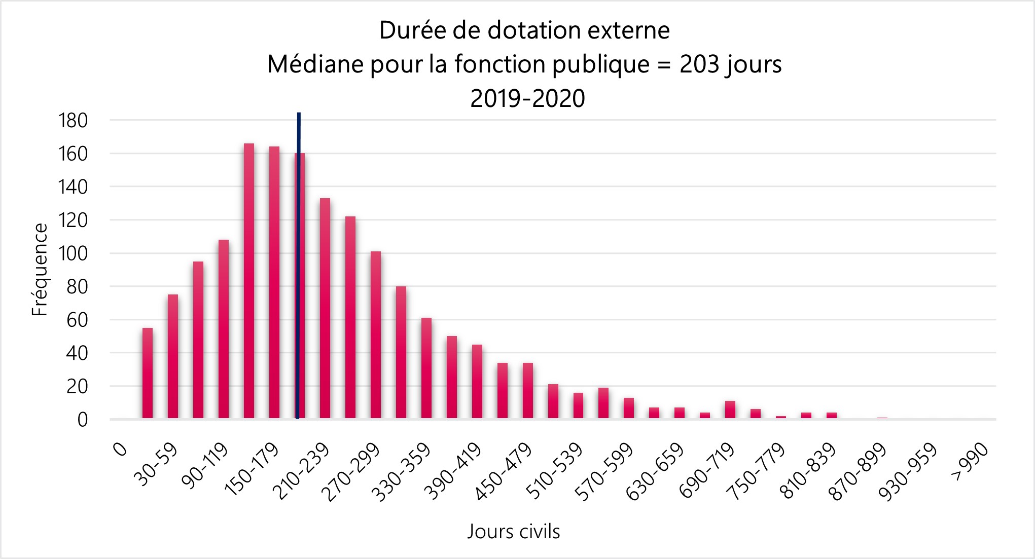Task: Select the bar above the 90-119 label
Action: click(x=223, y=329)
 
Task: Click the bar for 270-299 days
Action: click(x=375, y=335)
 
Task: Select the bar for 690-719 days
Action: click(x=730, y=410)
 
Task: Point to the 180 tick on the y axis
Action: click(x=74, y=121)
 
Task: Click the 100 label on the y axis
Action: click(x=74, y=253)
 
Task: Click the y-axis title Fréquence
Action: click(x=40, y=270)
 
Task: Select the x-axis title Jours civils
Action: click(x=513, y=532)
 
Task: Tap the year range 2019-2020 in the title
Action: click(x=527, y=98)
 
